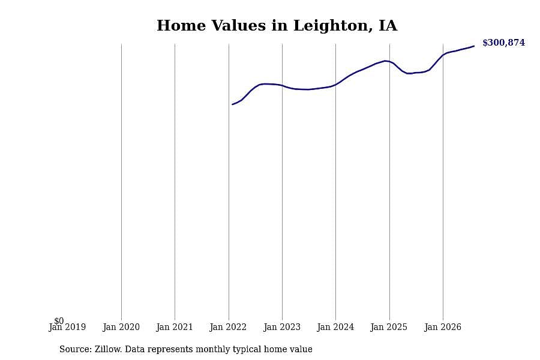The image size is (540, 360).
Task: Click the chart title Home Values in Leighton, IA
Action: [277, 25]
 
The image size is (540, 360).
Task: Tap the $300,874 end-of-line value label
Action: [503, 43]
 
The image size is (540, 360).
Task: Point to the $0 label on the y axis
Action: [59, 321]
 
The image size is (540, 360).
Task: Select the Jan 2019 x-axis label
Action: [67, 327]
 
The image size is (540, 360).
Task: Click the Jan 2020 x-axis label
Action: [121, 327]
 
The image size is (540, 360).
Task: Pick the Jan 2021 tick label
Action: [175, 327]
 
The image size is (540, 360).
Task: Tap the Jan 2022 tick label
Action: [228, 327]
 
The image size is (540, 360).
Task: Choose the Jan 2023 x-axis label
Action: [282, 327]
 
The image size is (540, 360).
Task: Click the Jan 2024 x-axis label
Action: [335, 327]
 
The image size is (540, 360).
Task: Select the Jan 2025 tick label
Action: [389, 327]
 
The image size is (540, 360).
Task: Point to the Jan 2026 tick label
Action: [443, 327]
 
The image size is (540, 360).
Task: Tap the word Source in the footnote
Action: [76, 349]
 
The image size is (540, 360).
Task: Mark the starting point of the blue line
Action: [232, 104]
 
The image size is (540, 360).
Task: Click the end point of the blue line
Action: [474, 46]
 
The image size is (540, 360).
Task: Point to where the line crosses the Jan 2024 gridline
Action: [336, 85]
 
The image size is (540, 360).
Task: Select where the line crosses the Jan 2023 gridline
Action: [283, 85]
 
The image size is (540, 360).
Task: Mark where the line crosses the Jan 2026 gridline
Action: [443, 55]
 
